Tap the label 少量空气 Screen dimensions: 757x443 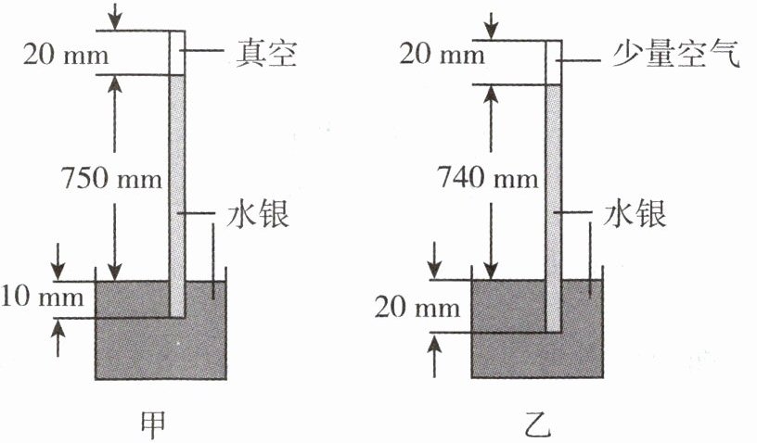[674, 57]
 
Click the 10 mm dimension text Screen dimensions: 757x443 [44, 298]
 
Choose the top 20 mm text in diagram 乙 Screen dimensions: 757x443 [441, 55]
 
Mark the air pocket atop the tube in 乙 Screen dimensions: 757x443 [554, 62]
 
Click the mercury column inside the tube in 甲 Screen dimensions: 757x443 [176, 185]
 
